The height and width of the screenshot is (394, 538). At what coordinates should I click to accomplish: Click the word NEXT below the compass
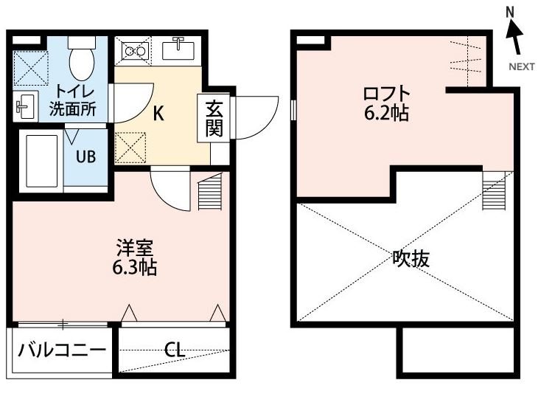click(522, 66)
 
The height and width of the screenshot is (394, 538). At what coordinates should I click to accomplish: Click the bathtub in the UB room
click(41, 161)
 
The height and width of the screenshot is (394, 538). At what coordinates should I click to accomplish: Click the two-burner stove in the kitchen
click(135, 51)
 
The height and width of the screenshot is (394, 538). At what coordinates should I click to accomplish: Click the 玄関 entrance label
click(214, 118)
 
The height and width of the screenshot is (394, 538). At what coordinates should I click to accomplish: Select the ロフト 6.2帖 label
click(385, 104)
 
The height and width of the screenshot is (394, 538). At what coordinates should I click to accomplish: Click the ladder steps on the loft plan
click(493, 191)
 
